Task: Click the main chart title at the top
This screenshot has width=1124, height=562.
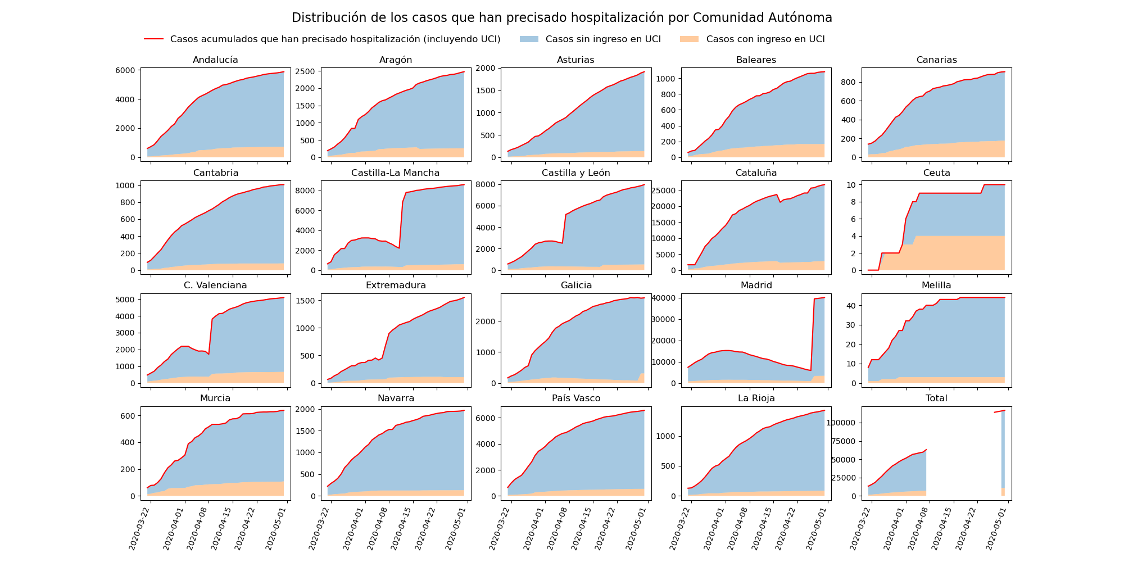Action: [x=561, y=18]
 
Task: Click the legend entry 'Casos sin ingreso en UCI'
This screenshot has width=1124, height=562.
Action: [x=602, y=39]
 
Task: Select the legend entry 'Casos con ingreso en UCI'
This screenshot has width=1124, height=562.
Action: [x=765, y=39]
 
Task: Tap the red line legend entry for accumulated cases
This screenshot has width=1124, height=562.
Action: [x=335, y=39]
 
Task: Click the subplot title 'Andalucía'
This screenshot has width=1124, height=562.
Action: [x=215, y=60]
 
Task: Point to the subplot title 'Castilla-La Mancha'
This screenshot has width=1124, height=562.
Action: [x=396, y=173]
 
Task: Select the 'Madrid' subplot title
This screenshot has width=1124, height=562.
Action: [x=756, y=285]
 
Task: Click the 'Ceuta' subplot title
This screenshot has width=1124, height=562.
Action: [x=936, y=173]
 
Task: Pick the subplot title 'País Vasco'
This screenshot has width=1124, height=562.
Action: [x=576, y=398]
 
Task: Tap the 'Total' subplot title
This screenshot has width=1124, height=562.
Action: [x=936, y=398]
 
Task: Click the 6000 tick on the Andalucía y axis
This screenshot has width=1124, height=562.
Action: [x=125, y=70]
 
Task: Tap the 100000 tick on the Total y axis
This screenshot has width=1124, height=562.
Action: [x=841, y=423]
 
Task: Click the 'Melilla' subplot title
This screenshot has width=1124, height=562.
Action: [x=936, y=285]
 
